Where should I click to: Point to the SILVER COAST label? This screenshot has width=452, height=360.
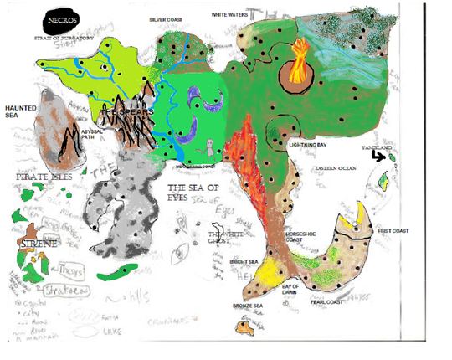[x=164, y=16]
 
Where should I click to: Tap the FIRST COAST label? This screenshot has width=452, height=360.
[x=393, y=229]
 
